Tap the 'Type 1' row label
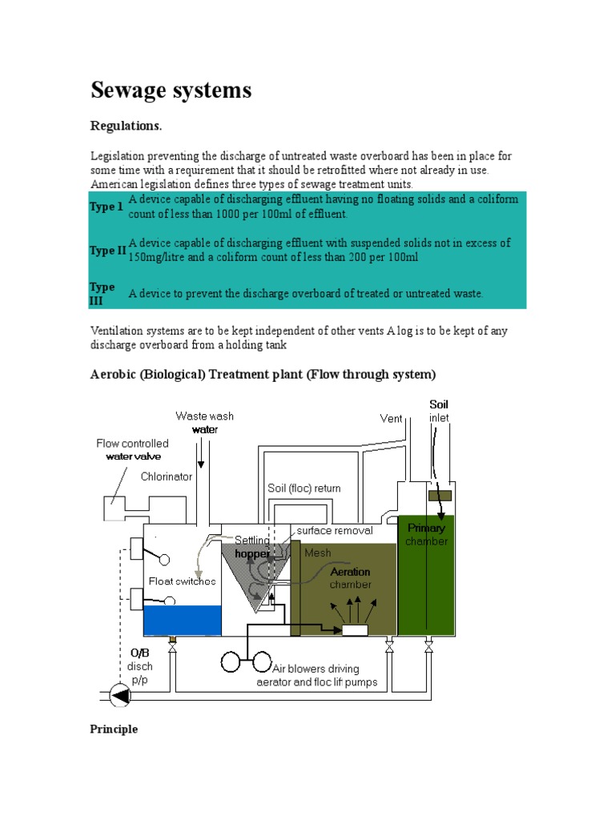coord(107,207)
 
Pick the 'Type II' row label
coord(108,251)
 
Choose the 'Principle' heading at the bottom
coord(113,730)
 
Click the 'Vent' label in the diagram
coord(391,419)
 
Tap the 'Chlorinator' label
coord(167,476)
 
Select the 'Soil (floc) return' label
coord(304,488)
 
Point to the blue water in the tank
coord(182,620)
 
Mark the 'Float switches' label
coord(182,581)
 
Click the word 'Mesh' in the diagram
coord(318,553)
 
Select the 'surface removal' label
coord(334,531)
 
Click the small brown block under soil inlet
coord(440,496)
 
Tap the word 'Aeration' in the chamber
coord(351,572)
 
